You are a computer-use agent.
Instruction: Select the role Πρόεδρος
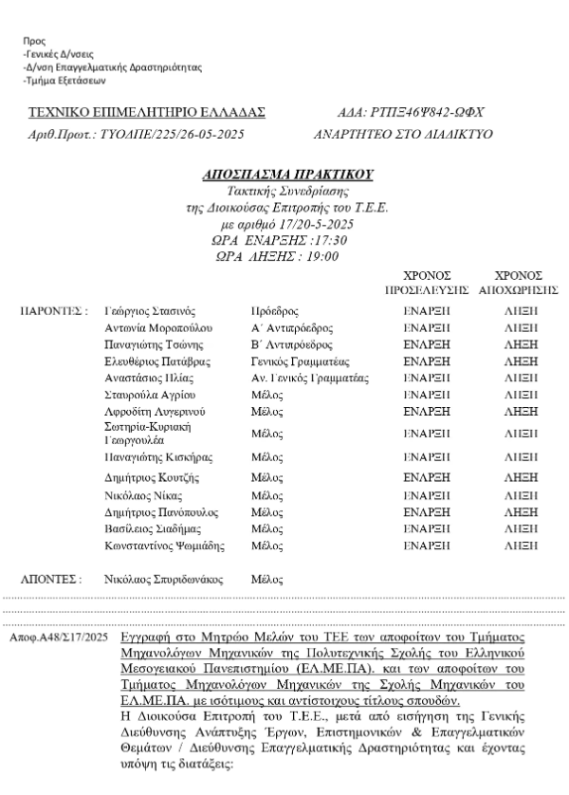coord(274,310)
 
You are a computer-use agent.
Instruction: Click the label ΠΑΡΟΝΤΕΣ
coord(54,310)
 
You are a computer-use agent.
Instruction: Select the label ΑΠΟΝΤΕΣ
coord(51,577)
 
